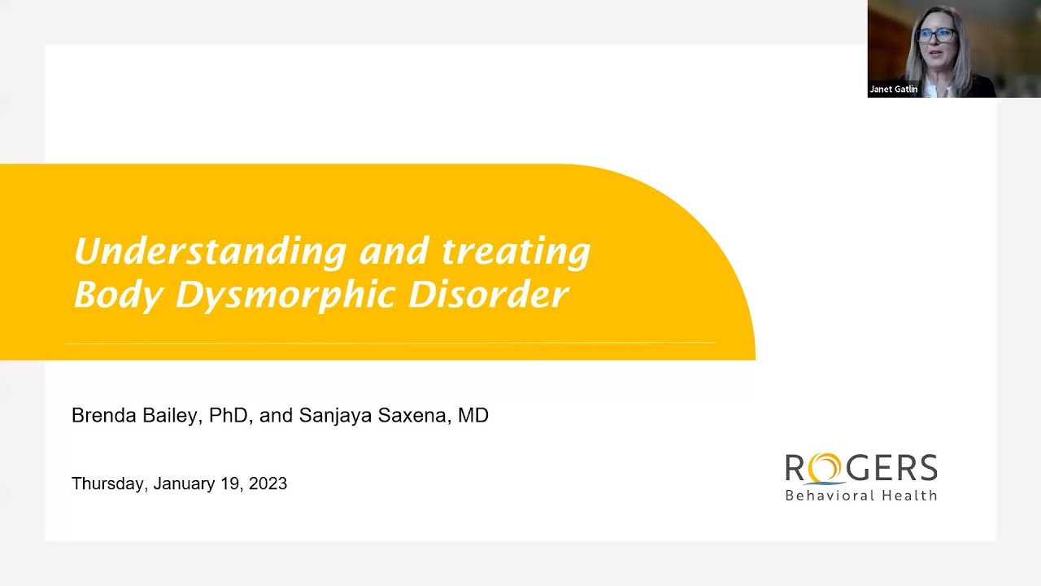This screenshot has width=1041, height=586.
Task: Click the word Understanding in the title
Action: (210, 251)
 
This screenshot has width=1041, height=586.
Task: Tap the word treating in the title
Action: (516, 251)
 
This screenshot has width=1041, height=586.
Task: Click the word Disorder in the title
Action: (487, 295)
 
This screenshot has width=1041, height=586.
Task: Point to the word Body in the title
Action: (118, 295)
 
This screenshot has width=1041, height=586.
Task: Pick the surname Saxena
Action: (413, 415)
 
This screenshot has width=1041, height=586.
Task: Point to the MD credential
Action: (473, 415)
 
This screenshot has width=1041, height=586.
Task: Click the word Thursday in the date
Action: (108, 483)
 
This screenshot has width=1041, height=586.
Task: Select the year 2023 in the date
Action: (268, 483)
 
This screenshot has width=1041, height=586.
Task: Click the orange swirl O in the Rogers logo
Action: (825, 469)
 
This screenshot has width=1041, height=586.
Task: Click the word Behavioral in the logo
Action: (830, 495)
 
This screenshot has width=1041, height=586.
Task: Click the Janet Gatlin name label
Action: (893, 90)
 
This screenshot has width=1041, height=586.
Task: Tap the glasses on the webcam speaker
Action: (936, 36)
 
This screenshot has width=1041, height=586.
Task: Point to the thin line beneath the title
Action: (390, 343)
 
